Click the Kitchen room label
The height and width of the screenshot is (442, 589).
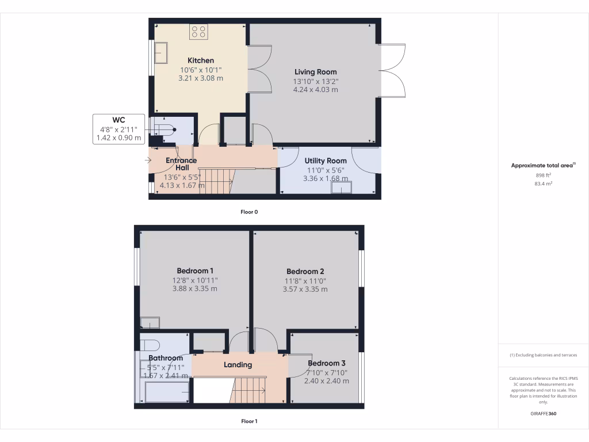click(201, 60)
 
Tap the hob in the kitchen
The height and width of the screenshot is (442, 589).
click(199, 32)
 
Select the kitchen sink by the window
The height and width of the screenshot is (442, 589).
click(162, 54)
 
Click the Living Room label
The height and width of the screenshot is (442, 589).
click(315, 72)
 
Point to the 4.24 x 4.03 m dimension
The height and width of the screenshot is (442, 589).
click(315, 90)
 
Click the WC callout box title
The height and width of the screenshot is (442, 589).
click(119, 120)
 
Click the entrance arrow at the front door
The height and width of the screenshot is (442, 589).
click(148, 161)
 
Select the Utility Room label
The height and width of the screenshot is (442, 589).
click(326, 161)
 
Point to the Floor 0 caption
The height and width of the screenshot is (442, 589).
click(249, 212)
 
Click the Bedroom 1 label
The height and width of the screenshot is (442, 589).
click(195, 270)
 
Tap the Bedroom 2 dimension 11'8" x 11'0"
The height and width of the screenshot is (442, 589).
click(305, 280)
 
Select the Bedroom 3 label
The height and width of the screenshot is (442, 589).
click(326, 363)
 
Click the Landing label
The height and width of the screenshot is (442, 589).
click(238, 364)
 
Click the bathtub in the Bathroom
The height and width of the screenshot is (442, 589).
click(167, 394)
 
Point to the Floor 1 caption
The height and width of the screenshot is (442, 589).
click(249, 421)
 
